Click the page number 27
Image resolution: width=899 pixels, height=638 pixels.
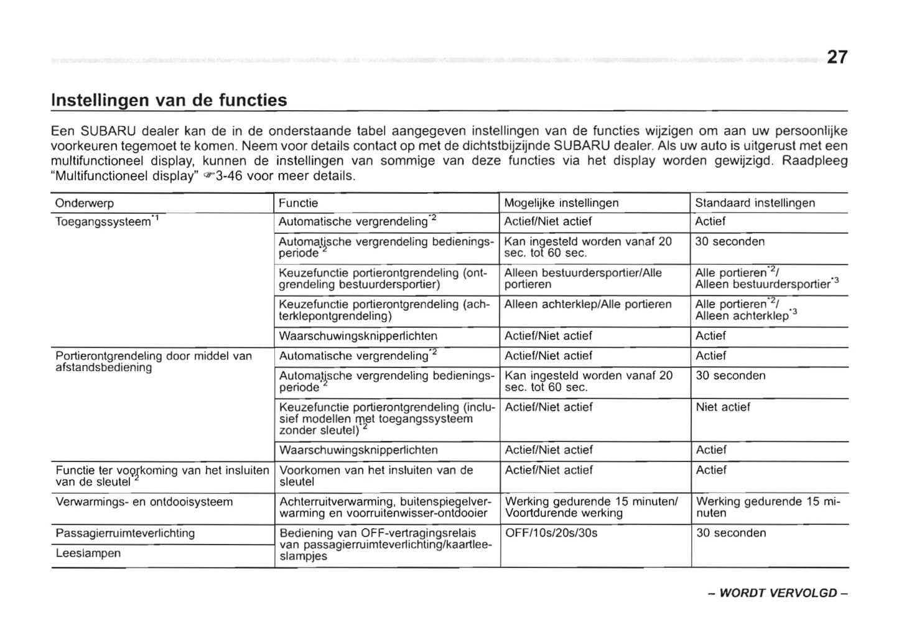[x=837, y=57]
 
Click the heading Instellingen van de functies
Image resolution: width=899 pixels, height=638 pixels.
[x=169, y=100]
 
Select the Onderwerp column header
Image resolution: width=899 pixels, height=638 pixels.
[x=85, y=203]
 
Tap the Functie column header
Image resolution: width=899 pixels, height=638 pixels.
[x=298, y=203]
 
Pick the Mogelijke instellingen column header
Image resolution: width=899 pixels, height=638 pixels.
[x=561, y=203]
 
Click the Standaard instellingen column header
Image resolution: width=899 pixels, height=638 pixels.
[x=755, y=203]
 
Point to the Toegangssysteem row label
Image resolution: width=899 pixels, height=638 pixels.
[x=107, y=221]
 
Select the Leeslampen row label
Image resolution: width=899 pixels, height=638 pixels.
[x=88, y=553]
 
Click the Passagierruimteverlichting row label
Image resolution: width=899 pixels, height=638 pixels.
[x=125, y=533]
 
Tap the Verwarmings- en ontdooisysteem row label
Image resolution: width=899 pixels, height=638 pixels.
[x=144, y=502]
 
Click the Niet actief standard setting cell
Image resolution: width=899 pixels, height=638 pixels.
[x=723, y=407]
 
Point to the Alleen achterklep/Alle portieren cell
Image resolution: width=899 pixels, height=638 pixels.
[x=588, y=305]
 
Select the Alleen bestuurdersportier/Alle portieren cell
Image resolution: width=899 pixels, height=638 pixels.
[x=583, y=279]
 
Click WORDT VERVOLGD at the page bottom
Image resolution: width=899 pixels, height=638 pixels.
[x=778, y=593]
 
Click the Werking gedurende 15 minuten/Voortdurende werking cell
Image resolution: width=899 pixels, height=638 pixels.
[x=590, y=507]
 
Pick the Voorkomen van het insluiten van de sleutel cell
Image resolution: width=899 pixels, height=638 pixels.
[x=376, y=476]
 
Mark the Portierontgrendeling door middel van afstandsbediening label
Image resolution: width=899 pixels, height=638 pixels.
[x=153, y=362]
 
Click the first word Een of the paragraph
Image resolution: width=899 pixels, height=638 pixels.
[x=63, y=131]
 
